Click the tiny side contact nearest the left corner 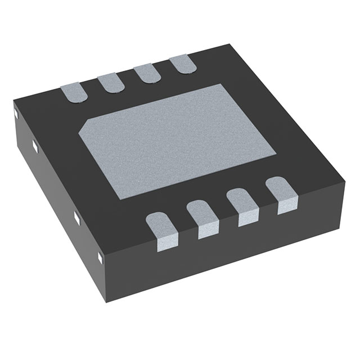click(16, 115)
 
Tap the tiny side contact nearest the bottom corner click(101, 258)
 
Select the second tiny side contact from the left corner click(35, 147)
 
